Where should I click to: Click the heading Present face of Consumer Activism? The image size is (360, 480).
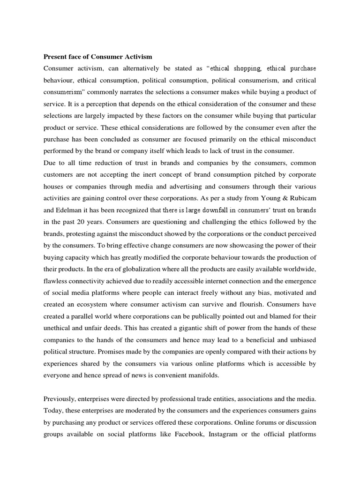pos(98,57)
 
